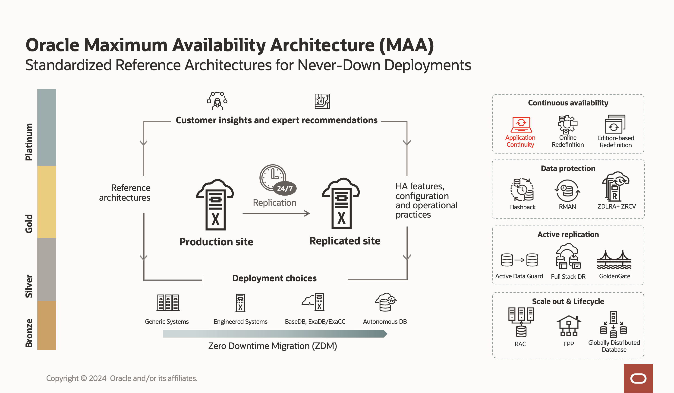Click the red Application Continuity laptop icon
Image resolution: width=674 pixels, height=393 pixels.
(x=521, y=125)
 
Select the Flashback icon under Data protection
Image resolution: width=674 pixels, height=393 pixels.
(x=522, y=190)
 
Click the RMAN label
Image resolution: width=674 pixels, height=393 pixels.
(x=567, y=206)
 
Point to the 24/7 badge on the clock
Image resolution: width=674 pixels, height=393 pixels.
(x=285, y=188)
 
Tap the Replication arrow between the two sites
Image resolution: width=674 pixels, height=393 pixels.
(x=276, y=213)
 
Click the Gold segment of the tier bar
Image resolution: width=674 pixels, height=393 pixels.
(x=46, y=202)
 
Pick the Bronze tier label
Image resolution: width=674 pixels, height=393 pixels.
(x=29, y=333)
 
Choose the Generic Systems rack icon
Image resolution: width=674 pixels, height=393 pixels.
(x=168, y=303)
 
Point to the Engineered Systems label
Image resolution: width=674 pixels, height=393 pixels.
(x=240, y=322)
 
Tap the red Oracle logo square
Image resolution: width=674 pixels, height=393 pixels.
(x=638, y=378)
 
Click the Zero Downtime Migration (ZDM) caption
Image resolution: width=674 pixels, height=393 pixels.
(x=272, y=346)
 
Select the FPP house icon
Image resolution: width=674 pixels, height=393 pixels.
(x=569, y=326)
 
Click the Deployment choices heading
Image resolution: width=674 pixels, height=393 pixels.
(x=274, y=278)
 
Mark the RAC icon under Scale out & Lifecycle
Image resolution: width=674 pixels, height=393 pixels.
(x=521, y=322)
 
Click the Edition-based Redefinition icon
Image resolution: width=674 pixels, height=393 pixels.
(x=615, y=124)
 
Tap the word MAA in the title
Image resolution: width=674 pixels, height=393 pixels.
(x=406, y=45)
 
